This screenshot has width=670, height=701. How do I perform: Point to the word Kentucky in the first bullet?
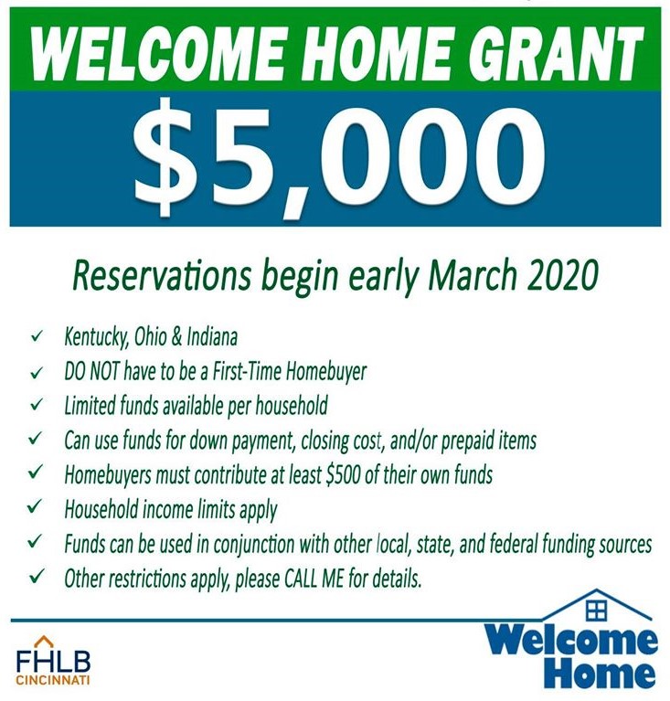point(94,337)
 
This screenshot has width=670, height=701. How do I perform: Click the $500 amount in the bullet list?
point(346,474)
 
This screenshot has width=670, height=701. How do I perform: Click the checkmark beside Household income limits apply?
point(36,508)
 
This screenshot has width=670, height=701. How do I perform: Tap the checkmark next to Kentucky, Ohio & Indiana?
point(36,337)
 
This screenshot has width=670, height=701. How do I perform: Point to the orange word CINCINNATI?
point(53,680)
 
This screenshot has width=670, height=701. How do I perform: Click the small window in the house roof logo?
point(597,607)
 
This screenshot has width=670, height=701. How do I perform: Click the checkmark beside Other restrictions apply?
point(36,578)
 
